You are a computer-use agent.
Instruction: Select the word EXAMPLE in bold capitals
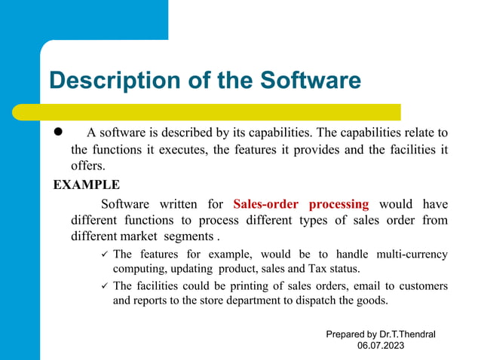point(85,184)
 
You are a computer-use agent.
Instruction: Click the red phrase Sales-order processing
point(301,203)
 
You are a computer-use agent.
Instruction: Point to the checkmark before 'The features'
point(104,254)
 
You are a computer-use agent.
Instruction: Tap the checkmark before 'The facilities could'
point(104,286)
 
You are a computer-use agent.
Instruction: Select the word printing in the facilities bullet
point(237,286)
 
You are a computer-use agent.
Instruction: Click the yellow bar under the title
point(226,111)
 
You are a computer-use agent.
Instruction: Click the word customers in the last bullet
point(420,286)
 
